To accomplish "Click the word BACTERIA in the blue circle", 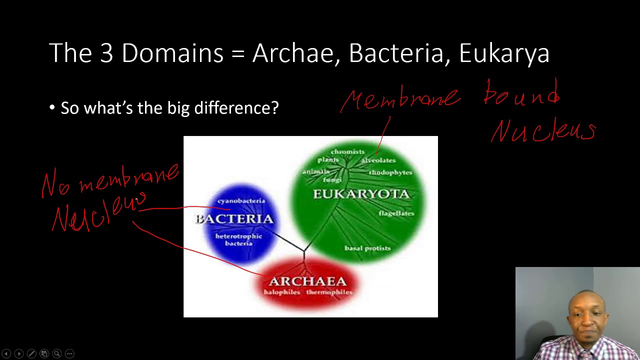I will click(234, 219).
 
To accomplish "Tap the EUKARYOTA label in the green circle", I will click(361, 194).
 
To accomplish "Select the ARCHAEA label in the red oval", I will click(307, 281).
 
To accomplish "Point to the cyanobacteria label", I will click(241, 201).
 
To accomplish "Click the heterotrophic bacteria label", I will click(238, 239).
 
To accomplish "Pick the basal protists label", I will click(367, 248).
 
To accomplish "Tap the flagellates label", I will click(396, 213).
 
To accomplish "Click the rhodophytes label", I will click(390, 172).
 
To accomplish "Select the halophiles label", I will click(281, 292).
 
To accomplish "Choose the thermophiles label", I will click(329, 292).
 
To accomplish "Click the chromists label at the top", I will click(347, 151).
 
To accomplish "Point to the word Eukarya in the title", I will click(504, 53).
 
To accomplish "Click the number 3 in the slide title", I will click(106, 53).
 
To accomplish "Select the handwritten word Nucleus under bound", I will click(543, 131).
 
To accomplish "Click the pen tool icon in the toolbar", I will click(31, 353).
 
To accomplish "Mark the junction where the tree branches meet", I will click(304, 250).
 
